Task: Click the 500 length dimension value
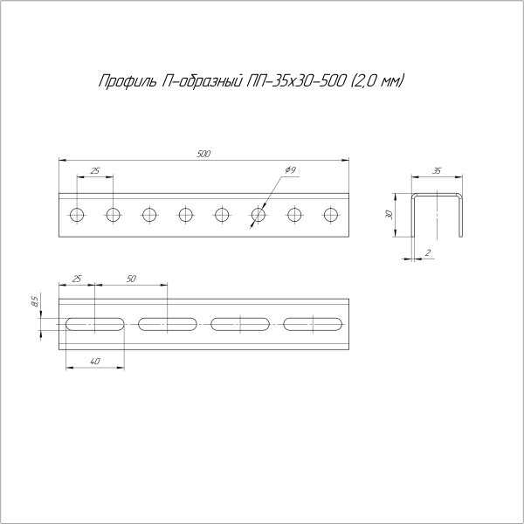coord(203,155)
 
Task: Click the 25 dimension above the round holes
coord(94,169)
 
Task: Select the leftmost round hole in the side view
coord(77,214)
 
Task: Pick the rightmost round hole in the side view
coord(330,214)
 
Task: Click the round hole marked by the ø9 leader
coord(258,214)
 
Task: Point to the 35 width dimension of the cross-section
coord(437,172)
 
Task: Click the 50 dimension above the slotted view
coord(131,279)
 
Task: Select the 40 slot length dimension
coord(94,361)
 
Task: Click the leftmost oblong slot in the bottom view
coord(94,324)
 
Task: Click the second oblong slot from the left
coord(167,324)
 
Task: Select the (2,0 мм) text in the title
coord(377,82)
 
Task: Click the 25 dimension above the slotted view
coord(77,279)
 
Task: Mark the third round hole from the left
coord(149,214)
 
